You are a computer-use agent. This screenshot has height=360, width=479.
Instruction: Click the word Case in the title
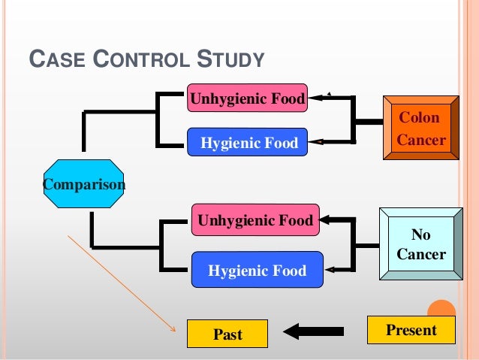pos(53,59)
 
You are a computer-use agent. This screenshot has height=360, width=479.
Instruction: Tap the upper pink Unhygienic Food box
pos(247,98)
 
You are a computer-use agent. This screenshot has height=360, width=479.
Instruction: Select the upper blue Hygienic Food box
pos(247,141)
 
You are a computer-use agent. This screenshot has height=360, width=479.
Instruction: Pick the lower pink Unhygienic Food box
pos(255,220)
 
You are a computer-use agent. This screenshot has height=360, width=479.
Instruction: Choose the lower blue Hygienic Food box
pos(257,270)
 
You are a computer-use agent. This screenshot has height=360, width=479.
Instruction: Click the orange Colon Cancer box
pos(420,129)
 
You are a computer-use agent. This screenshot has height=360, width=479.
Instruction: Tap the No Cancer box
pos(420,244)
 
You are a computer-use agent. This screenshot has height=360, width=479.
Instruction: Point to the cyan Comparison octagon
pos(83,183)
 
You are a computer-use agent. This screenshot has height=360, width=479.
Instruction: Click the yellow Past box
pos(227,334)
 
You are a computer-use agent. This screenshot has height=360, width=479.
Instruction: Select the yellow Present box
pos(411,330)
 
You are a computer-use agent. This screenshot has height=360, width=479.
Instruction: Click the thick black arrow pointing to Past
pos(314,331)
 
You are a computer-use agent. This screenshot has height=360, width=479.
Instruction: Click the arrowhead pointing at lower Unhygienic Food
pos(327,220)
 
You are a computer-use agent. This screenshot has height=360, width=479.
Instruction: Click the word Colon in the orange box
pos(419,118)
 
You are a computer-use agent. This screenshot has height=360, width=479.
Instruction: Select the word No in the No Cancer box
pos(420,234)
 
